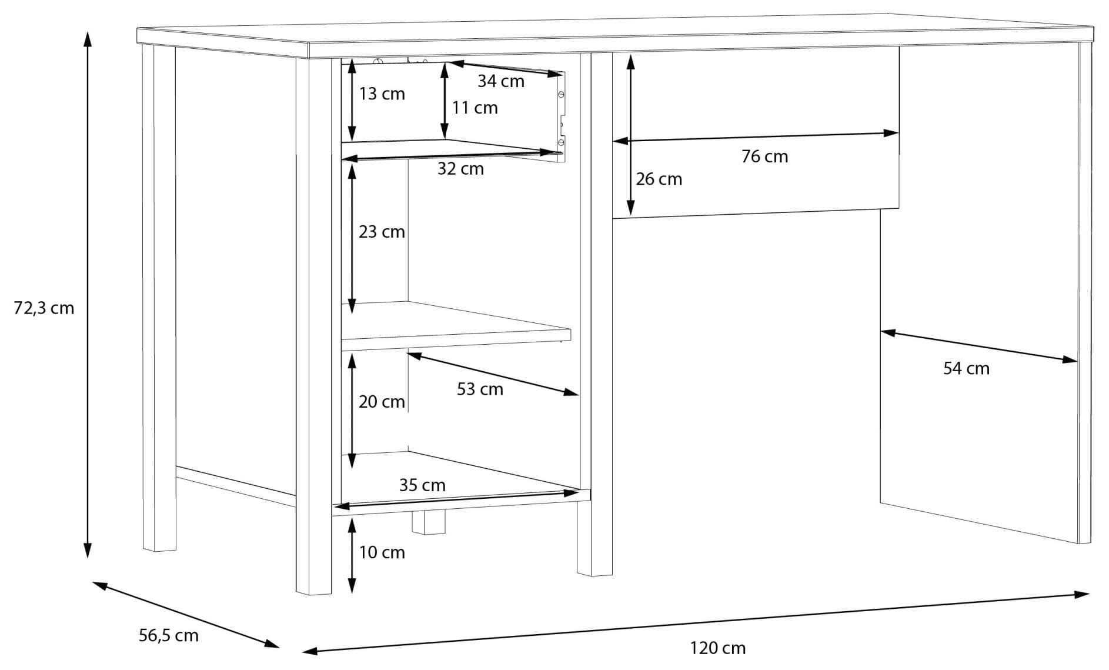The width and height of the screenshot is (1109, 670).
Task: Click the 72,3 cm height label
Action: [44, 308]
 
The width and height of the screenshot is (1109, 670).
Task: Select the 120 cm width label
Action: [717, 648]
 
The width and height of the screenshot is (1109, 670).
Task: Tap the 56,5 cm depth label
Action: [169, 635]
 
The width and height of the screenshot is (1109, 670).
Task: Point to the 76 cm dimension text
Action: [764, 156]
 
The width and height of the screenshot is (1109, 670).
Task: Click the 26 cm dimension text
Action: [659, 179]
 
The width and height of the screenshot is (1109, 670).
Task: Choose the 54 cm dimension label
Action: [966, 369]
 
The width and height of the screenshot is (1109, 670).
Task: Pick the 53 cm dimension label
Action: [480, 389]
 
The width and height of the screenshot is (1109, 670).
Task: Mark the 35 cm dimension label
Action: [422, 485]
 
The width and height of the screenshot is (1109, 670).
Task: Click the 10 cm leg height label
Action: [382, 552]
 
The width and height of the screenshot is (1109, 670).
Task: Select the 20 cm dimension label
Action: [382, 402]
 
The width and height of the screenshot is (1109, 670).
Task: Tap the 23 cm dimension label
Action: [382, 232]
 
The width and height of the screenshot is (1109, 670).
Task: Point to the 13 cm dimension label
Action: [382, 94]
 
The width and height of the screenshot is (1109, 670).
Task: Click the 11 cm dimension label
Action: [475, 108]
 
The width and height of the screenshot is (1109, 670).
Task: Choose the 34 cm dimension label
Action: [500, 81]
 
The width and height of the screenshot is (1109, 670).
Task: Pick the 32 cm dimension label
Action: [460, 169]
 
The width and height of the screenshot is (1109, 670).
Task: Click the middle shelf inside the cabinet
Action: [456, 329]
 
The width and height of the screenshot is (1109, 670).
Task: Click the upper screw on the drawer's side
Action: [560, 94]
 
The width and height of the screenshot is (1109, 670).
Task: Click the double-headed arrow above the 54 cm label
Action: [978, 346]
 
